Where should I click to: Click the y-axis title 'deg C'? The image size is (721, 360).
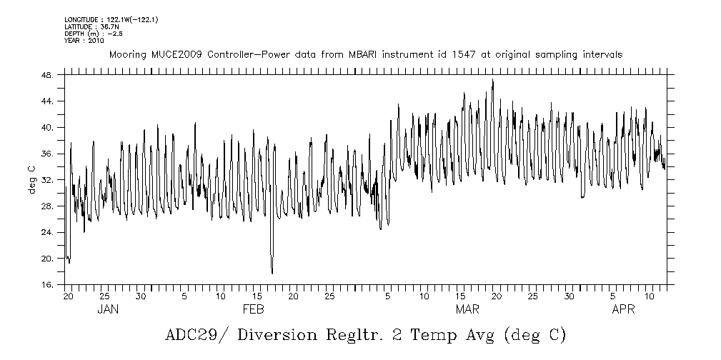[31, 179]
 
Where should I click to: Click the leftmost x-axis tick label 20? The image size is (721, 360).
[69, 296]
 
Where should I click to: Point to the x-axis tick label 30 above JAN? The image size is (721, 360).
[141, 296]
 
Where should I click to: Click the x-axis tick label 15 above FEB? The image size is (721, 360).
[257, 296]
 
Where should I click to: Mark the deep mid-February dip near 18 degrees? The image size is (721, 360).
[272, 272]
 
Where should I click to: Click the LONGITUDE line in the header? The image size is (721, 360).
[111, 19]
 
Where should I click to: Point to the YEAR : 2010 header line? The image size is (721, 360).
[84, 41]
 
